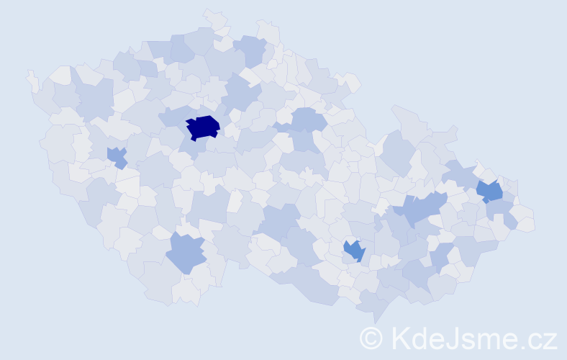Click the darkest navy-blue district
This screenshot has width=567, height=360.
click(203, 127)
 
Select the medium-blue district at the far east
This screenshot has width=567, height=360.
click(490, 191)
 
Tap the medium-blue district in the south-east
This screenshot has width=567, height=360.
click(354, 251)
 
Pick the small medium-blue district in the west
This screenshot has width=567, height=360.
click(116, 156)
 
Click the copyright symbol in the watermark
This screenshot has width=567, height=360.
click(372, 338)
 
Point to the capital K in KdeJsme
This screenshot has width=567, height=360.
click(400, 338)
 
